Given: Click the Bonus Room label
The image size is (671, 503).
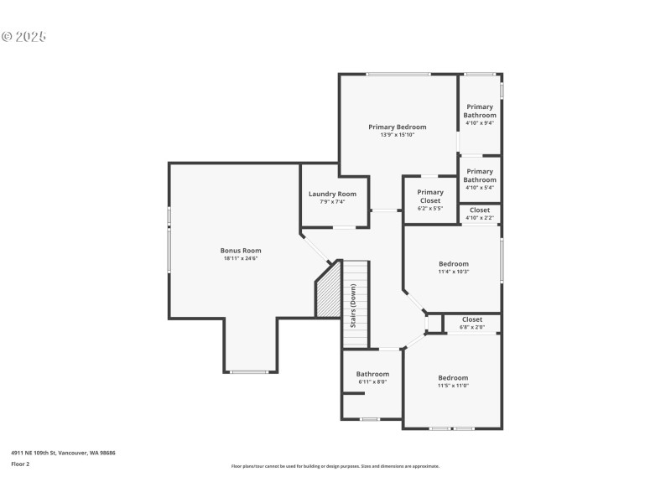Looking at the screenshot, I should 241,250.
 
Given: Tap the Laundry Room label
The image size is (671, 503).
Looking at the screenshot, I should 333,194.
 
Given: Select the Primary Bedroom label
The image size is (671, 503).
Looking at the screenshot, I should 398,127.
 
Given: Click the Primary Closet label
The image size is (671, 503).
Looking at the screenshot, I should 430,196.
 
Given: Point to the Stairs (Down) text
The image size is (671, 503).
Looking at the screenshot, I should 354,305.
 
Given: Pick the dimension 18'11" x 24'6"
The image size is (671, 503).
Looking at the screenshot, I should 241,258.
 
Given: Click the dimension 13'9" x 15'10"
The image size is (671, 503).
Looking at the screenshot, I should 398,135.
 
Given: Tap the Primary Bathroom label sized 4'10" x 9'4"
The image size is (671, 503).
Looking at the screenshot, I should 480,111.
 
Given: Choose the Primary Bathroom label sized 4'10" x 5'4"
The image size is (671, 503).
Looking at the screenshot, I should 480,176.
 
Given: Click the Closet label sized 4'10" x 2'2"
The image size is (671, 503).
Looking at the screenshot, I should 480,210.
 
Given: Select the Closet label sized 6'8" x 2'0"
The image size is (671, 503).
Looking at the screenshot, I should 472,319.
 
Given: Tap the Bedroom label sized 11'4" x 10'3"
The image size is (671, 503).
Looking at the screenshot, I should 454,263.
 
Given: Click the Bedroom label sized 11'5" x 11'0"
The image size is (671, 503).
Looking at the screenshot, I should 453,377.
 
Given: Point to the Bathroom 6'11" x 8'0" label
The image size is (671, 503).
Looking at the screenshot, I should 372,374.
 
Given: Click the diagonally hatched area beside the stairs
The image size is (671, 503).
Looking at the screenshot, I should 328,290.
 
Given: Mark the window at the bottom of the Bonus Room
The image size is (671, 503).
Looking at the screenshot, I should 250,371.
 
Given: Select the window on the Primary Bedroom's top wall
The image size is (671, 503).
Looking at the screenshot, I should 398,75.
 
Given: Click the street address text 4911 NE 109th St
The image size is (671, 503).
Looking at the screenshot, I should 63,453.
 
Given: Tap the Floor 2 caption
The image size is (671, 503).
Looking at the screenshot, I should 20,464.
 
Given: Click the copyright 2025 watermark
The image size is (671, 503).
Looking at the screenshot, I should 23,37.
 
